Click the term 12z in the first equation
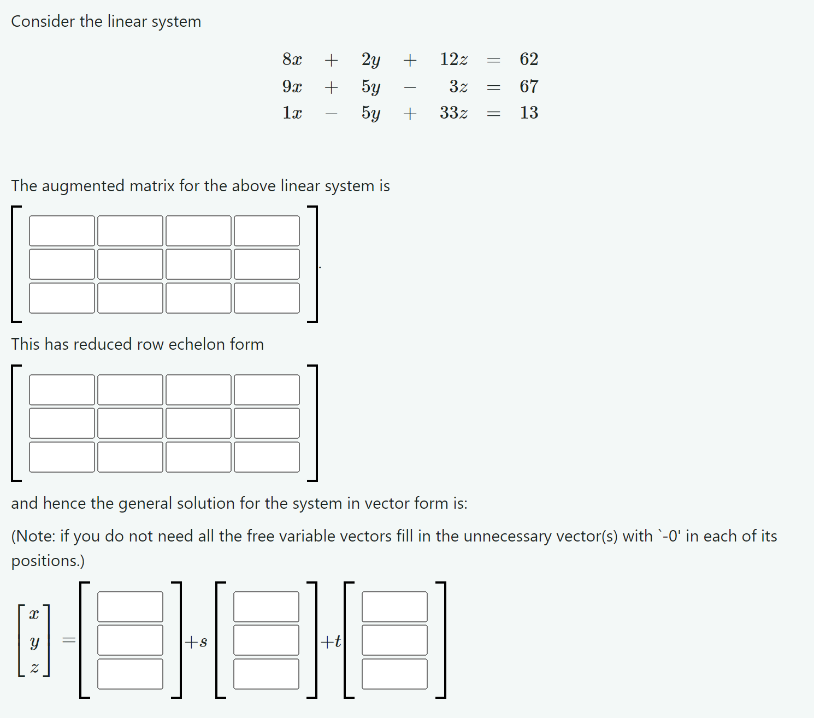pos(453,59)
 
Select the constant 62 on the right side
pos(529,59)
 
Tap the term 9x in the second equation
pos(292,86)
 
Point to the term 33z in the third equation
pos(453,113)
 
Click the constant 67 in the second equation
pos(529,86)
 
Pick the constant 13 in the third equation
pos(529,113)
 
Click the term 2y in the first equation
pos(371,59)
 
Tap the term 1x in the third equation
pos(292,113)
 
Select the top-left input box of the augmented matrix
pos(62,231)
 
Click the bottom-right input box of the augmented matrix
pos(267,298)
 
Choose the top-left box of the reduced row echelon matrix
pos(62,390)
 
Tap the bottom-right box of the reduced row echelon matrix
pos(267,457)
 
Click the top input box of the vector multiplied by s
pos(266,607)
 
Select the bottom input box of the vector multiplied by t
pos(394,674)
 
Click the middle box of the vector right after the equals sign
pos(130,640)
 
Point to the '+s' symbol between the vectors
pos(196,642)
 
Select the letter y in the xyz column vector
pos(34,642)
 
